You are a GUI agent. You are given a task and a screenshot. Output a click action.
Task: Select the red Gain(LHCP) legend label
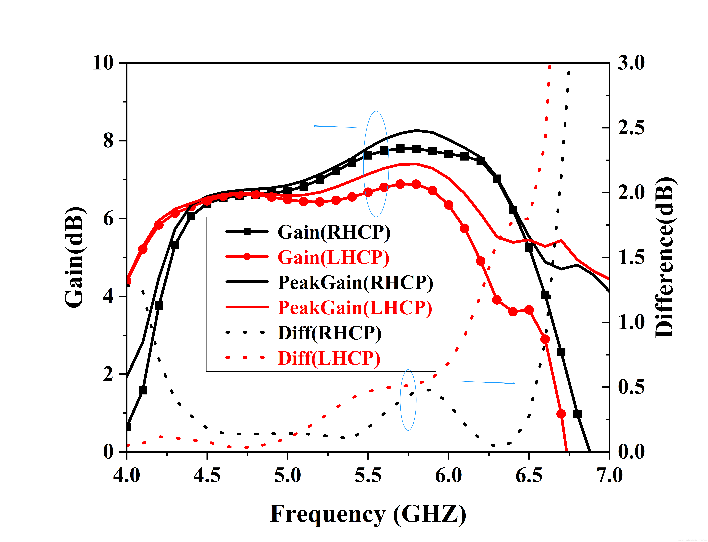(x=333, y=257)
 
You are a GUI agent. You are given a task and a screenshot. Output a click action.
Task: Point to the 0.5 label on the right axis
(x=631, y=387)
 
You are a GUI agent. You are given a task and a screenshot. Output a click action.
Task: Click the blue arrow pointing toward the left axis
(x=337, y=127)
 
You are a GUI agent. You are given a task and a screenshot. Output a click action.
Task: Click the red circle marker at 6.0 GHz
(x=448, y=205)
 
